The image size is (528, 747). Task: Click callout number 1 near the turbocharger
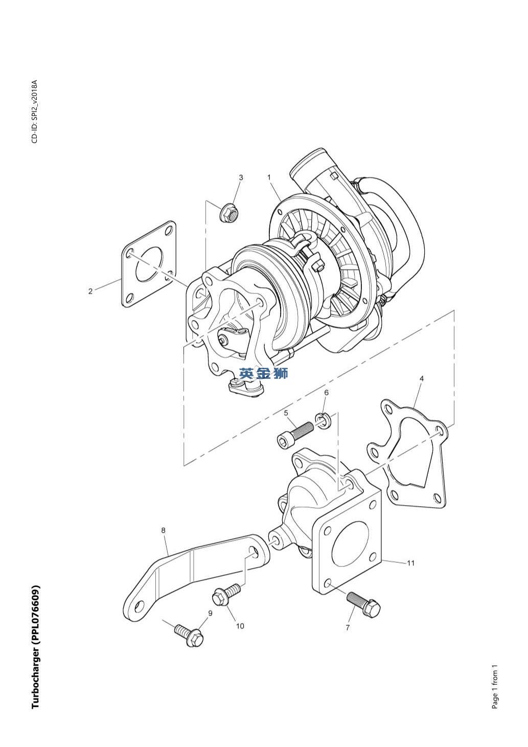tap(269, 177)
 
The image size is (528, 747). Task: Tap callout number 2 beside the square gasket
tap(90, 291)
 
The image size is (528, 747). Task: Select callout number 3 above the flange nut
tap(241, 177)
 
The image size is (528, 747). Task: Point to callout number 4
tap(422, 379)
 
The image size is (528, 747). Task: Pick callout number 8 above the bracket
tap(164, 530)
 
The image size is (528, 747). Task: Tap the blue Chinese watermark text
tap(264, 373)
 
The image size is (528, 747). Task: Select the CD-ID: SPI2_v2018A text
tap(35, 111)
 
